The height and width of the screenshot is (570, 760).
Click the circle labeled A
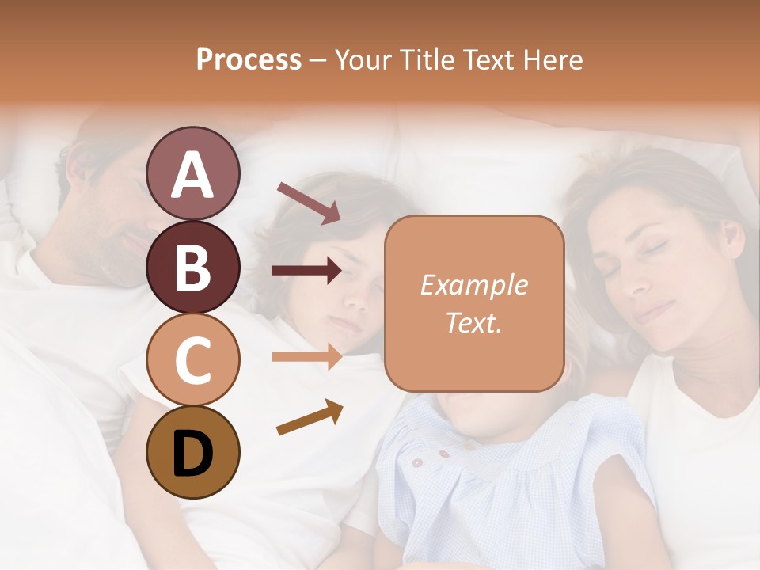point(192,174)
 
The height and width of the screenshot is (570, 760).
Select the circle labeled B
point(192,267)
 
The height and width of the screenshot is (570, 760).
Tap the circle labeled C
point(192,359)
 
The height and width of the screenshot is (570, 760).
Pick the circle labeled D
point(192,452)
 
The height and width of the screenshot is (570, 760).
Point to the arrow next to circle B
point(306,271)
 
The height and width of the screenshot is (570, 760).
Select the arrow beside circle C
point(306,356)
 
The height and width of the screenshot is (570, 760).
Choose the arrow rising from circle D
point(309,417)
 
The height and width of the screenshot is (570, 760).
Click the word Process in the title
point(249,59)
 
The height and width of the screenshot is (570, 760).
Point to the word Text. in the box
point(473,322)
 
